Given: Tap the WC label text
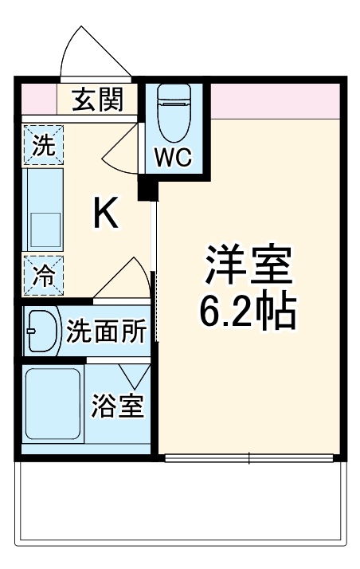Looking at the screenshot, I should (x=173, y=157).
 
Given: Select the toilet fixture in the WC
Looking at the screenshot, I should (x=173, y=111).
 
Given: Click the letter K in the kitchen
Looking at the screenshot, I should (x=107, y=212).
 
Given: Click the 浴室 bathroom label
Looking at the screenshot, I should (x=116, y=406).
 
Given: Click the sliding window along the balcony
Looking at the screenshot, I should (x=250, y=457).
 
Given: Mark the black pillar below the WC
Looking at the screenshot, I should (x=145, y=190).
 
